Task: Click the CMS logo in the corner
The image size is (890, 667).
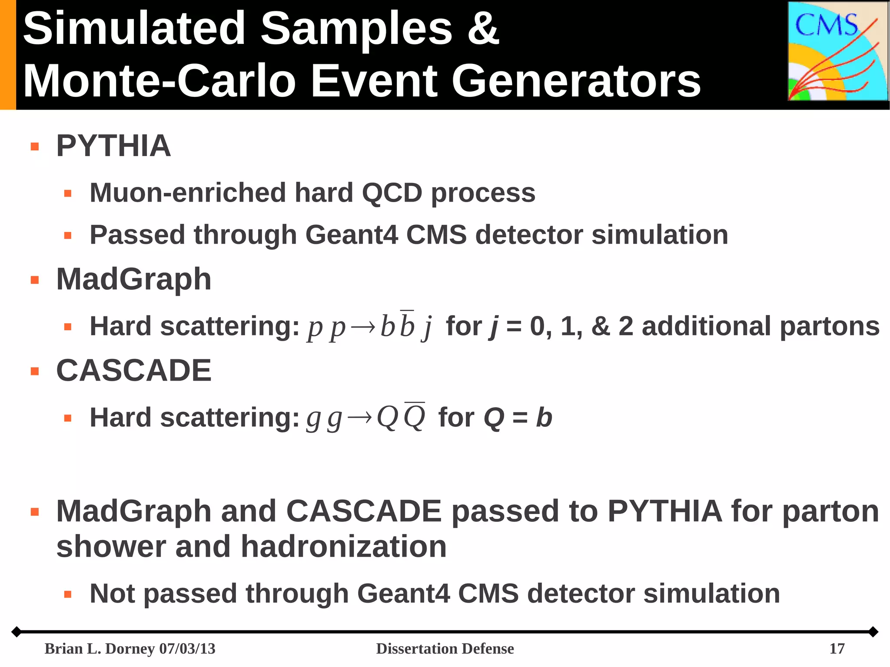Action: [x=837, y=51]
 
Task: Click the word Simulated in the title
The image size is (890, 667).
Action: [x=134, y=29]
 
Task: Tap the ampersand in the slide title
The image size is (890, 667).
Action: [x=483, y=29]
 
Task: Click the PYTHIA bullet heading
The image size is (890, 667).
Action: [x=113, y=146]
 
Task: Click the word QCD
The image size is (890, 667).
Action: [x=392, y=192]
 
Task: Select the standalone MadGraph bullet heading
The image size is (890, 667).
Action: [x=134, y=279]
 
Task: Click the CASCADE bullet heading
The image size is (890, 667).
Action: [x=134, y=371]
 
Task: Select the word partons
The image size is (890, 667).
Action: [x=829, y=327]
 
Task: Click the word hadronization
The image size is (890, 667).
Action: [x=343, y=547]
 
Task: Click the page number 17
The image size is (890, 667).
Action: [x=837, y=649]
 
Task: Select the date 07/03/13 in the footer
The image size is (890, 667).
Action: [x=187, y=649]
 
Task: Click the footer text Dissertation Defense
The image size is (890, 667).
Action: [x=445, y=649]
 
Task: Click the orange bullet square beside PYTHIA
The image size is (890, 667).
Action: [x=35, y=147]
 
